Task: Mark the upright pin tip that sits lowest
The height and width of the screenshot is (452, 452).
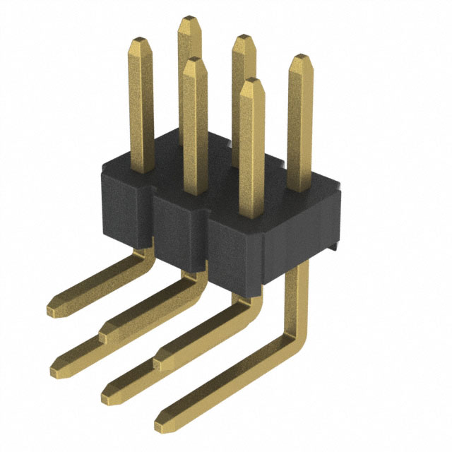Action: coord(251,83)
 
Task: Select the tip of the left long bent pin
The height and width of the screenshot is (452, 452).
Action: coord(55,367)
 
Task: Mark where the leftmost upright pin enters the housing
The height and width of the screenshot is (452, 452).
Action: coord(143,167)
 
